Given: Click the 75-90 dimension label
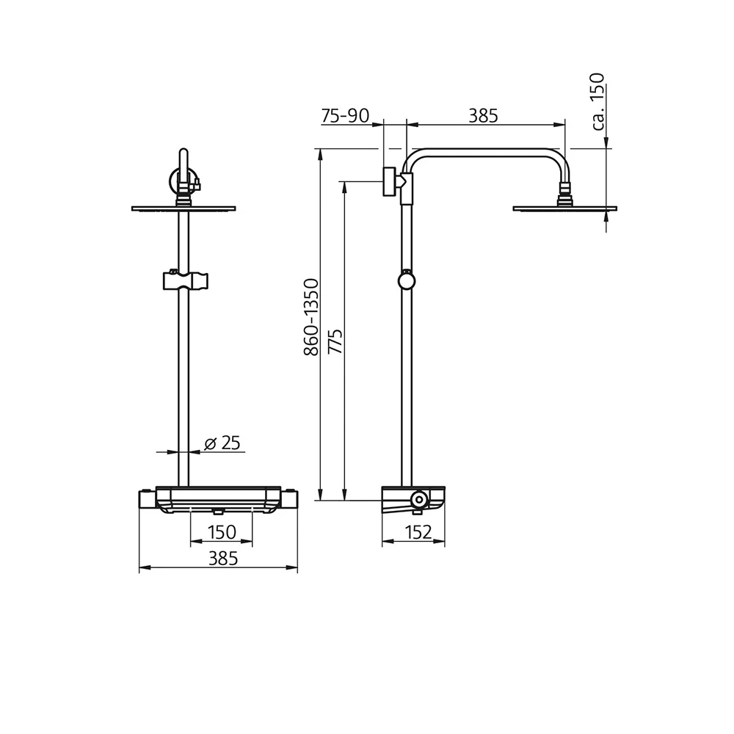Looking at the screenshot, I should (x=344, y=115).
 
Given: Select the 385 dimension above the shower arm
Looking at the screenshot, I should (x=484, y=115).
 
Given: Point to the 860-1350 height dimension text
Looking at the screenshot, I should (x=311, y=317).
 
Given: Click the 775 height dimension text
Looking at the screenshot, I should (x=335, y=342).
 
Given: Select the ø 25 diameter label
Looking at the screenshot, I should (x=222, y=443).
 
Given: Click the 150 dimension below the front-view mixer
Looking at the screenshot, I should (x=221, y=531).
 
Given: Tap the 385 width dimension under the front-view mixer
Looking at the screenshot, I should (x=223, y=558).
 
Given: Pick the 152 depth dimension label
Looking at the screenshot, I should (x=418, y=533).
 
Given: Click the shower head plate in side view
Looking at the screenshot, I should (x=564, y=209).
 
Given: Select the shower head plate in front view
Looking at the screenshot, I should (x=184, y=209).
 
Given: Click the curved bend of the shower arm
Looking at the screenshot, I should (x=413, y=159).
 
